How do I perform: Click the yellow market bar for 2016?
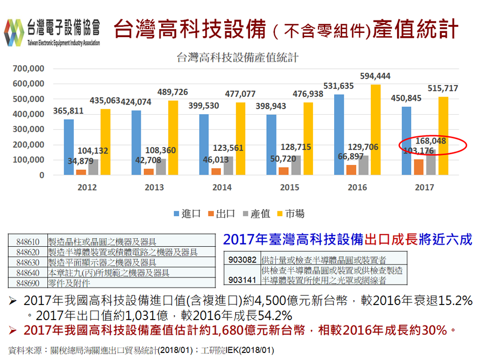pos(376,129)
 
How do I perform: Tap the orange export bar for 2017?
pos(418,167)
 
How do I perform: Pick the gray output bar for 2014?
pos(228,165)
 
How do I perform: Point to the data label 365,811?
pos(68,111)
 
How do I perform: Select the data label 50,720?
pos(280,159)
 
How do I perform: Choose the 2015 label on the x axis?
pos(289,187)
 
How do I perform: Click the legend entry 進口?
pos(186,213)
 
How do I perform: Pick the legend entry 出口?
pos(220,213)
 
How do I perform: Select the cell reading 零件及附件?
pos(70,282)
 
